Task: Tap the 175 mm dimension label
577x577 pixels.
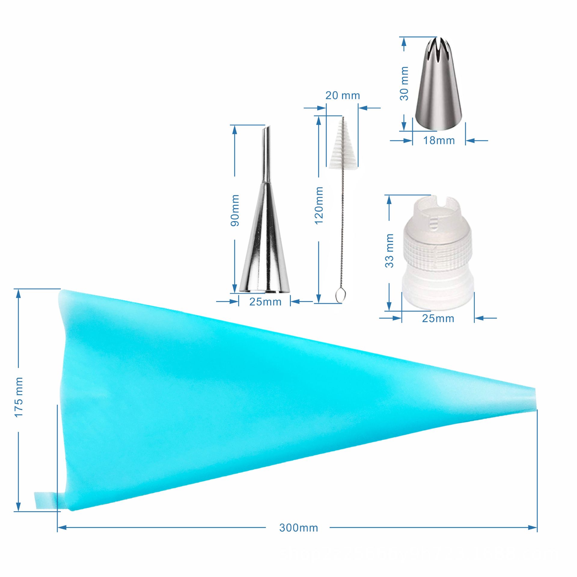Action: tap(19, 397)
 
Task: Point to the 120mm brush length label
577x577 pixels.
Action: tap(319, 205)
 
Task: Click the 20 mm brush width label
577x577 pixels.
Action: tap(343, 95)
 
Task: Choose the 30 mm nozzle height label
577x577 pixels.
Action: tap(405, 84)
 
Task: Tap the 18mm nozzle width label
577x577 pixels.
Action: tap(439, 140)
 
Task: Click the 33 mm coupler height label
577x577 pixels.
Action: tap(389, 251)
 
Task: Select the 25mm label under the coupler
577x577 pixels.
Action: tap(438, 318)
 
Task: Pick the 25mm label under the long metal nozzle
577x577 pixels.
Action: tap(265, 302)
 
